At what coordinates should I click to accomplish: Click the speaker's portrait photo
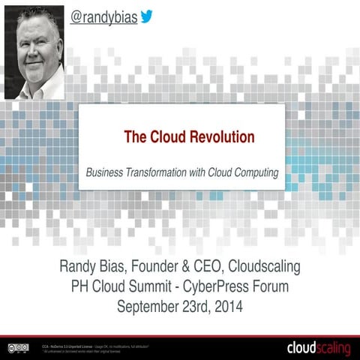click(35, 51)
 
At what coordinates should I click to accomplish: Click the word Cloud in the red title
click(158, 137)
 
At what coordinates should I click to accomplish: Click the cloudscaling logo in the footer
click(318, 347)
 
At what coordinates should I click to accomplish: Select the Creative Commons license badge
click(19, 348)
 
